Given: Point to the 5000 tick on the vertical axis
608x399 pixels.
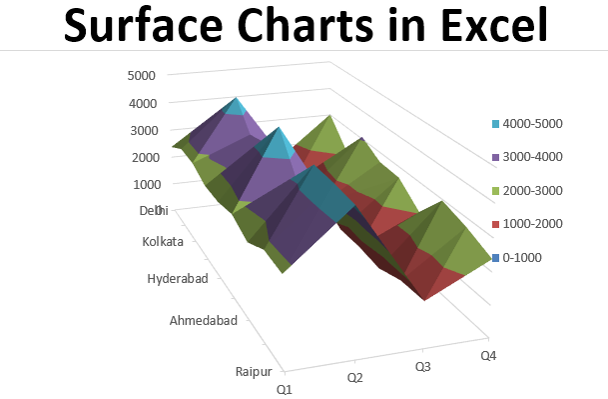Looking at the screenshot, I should point(142,75).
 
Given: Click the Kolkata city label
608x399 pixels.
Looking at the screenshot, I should point(164,242).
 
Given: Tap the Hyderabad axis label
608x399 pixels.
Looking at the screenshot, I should point(178,279).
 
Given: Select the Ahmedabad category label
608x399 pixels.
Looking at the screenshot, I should point(204,321).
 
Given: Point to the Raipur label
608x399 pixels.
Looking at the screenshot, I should point(254,370).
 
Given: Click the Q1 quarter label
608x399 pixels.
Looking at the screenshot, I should point(285,388).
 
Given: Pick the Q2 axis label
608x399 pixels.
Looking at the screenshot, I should point(354,377).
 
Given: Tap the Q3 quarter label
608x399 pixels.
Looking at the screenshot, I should point(423,367).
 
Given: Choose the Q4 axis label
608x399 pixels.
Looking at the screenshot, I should point(488,356).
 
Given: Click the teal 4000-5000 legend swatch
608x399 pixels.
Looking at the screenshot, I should point(496,124).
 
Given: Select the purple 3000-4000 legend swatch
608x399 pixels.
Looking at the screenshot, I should point(496,157).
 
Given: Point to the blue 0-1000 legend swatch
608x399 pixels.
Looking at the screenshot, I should point(496,258).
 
